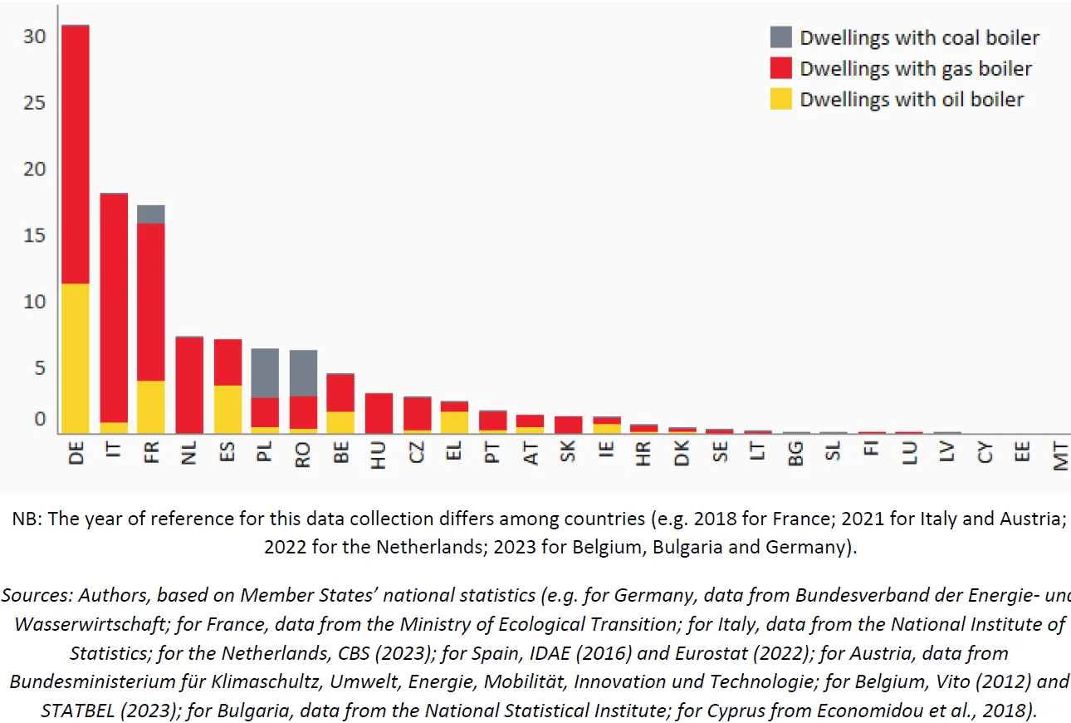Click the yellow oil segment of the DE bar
[76, 358]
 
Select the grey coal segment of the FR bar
[151, 214]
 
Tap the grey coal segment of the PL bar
[265, 373]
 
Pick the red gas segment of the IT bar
[114, 307]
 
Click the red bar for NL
[189, 386]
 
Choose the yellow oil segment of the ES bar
[227, 410]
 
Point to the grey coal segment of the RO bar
[303, 373]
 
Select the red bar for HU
[379, 413]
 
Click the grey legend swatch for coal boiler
[780, 37]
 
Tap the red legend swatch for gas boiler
[780, 68]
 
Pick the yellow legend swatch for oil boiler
[780, 99]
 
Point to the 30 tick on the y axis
[34, 37]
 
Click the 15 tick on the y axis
[34, 235]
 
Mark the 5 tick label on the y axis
[40, 367]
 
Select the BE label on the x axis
[341, 452]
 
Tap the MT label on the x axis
[1060, 456]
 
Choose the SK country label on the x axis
[568, 452]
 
